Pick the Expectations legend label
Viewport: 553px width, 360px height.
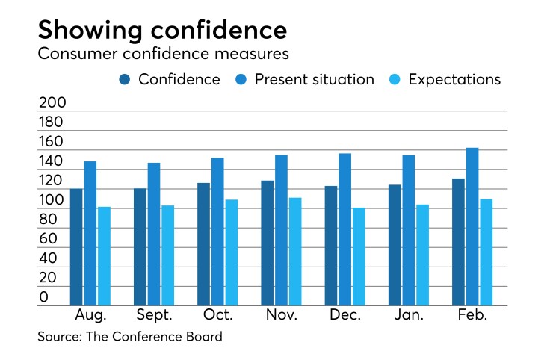coord(454,79)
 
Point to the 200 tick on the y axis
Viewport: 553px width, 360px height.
coord(52,103)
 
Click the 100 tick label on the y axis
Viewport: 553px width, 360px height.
coord(52,200)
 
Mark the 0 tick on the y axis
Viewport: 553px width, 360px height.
coord(43,297)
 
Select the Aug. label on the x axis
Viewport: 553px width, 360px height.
coord(90,315)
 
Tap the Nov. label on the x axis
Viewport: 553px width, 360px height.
coord(281,315)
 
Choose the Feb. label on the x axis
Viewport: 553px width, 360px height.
coord(472,315)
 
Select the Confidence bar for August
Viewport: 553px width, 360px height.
coord(76,246)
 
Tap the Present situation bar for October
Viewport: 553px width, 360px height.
coord(217,232)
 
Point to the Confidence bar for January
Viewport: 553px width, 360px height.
coord(395,245)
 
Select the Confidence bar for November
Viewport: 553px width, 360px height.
coord(268,243)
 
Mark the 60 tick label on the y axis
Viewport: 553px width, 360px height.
coord(48,239)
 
